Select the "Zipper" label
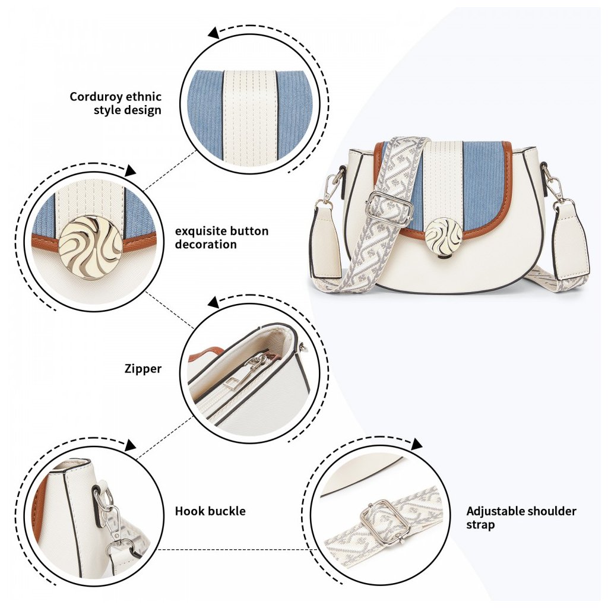143,369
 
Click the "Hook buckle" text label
210,511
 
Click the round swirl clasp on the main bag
443,235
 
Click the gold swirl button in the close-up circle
91,248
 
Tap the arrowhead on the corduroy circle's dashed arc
213,34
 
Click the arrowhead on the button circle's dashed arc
130,171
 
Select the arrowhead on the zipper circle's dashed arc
213,302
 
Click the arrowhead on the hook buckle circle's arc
130,445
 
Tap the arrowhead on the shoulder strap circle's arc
417,444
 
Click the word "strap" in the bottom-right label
480,525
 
